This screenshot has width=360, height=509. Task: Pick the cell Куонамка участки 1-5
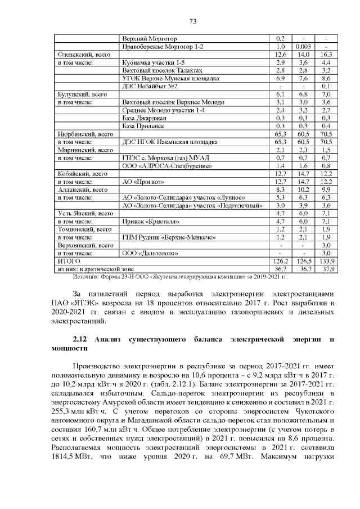point(153,62)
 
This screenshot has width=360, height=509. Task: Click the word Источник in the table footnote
point(86,277)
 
